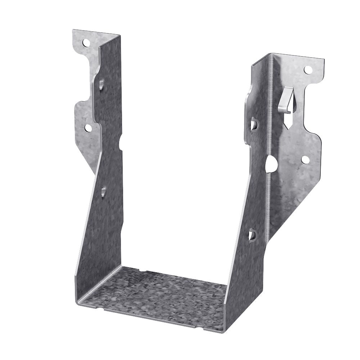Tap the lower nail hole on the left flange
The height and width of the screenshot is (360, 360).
[87, 127]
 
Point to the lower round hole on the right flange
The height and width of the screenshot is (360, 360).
[305, 160]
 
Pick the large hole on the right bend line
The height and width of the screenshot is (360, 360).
[271, 165]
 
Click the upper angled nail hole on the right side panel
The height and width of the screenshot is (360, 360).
[254, 125]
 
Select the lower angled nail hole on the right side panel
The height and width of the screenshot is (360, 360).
[253, 235]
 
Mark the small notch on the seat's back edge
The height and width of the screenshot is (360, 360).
[141, 270]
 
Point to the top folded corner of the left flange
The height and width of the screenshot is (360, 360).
[119, 35]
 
